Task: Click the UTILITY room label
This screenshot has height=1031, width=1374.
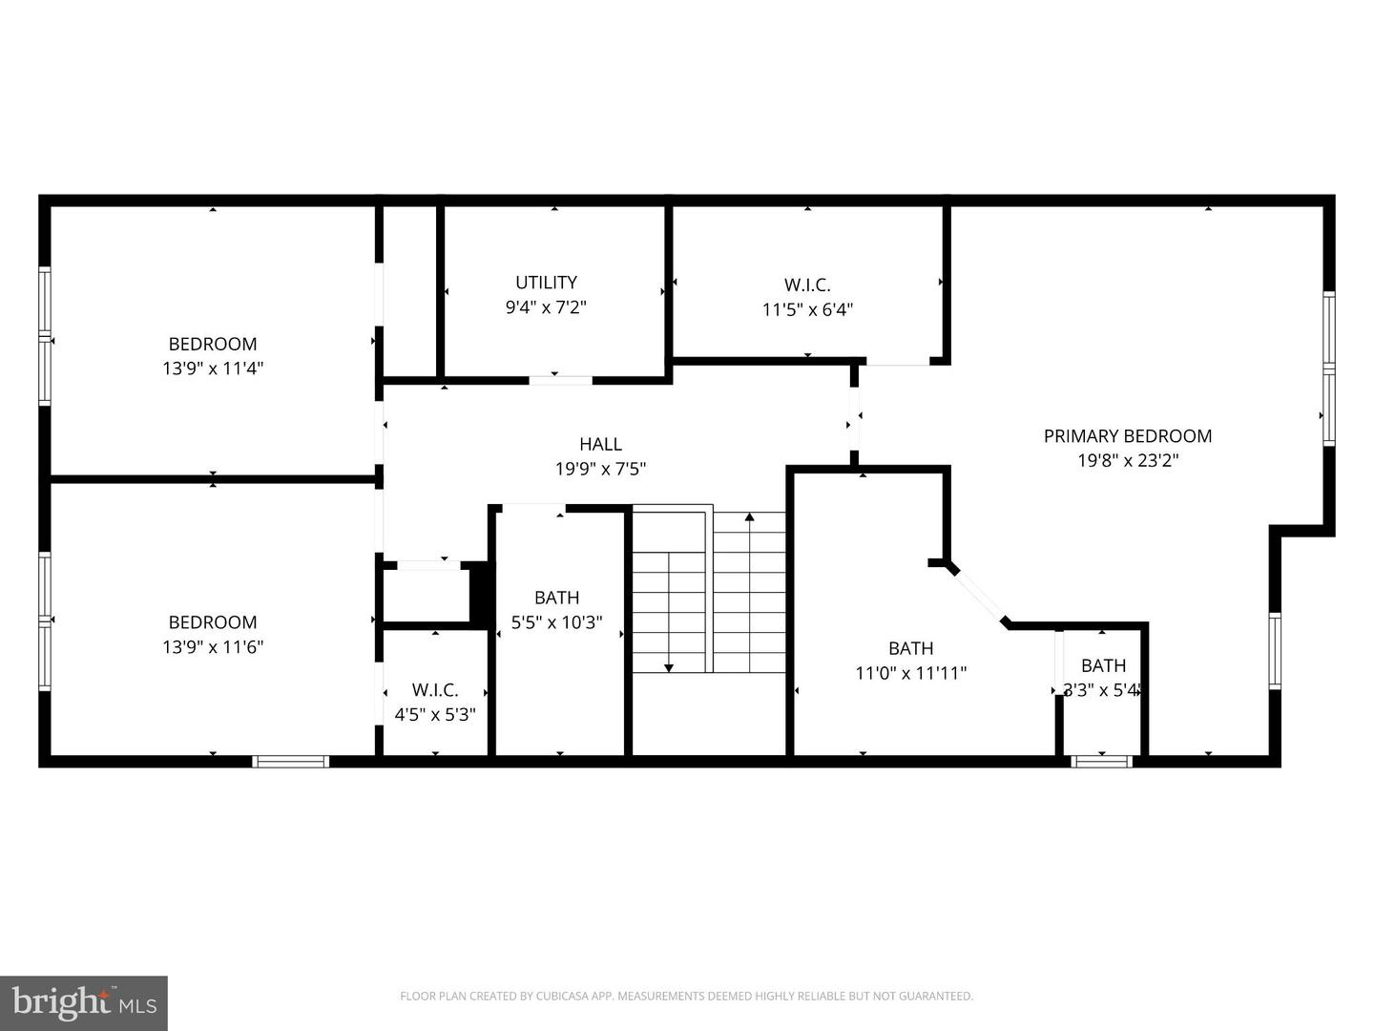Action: (546, 283)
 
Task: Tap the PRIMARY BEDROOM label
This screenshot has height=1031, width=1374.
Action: (1127, 436)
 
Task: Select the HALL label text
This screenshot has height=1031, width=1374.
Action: (600, 444)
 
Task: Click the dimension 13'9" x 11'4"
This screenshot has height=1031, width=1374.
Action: (213, 368)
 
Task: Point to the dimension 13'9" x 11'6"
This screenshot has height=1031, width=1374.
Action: (213, 646)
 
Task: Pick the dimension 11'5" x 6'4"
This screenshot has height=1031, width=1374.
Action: (807, 309)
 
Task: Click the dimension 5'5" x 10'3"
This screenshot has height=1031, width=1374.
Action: (556, 622)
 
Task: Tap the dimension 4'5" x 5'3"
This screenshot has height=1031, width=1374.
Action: (435, 714)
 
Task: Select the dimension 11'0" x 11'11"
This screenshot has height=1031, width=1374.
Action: (910, 673)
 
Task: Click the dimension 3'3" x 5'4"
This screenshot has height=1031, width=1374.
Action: (1102, 690)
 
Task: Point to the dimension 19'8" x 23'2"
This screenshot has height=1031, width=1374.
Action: (1127, 461)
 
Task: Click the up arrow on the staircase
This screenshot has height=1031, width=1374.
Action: (750, 517)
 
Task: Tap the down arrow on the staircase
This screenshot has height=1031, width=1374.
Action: (669, 666)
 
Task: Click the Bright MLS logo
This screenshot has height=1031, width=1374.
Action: (84, 1002)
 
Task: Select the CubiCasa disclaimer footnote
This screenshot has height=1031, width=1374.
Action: (686, 997)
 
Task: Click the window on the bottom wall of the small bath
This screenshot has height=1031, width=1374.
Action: (1101, 761)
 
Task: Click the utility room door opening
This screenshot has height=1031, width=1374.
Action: (560, 380)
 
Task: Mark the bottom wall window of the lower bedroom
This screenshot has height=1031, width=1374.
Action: (291, 761)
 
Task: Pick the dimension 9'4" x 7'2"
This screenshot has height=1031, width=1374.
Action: (546, 307)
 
